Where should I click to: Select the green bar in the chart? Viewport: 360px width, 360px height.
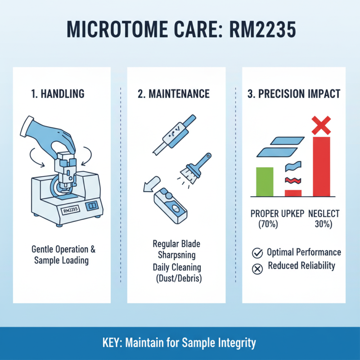pyautogui.click(x=265, y=181)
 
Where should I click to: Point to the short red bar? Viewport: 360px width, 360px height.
pyautogui.click(x=293, y=193)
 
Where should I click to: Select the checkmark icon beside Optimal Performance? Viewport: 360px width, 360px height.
pyautogui.click(x=257, y=253)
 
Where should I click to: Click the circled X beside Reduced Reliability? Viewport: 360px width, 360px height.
pyautogui.click(x=257, y=269)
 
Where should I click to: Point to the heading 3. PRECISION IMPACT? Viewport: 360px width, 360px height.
pyautogui.click(x=294, y=94)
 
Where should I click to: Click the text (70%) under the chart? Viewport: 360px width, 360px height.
pyautogui.click(x=269, y=225)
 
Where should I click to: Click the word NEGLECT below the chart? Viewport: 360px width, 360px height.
pyautogui.click(x=324, y=213)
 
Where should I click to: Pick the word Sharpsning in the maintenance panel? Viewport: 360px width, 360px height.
pyautogui.click(x=177, y=256)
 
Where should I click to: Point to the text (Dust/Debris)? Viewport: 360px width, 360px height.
pyautogui.click(x=177, y=279)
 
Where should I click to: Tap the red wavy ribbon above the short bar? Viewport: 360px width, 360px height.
pyautogui.click(x=293, y=180)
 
